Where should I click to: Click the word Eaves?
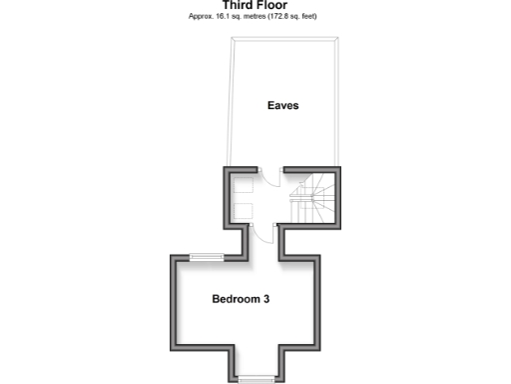click(282, 105)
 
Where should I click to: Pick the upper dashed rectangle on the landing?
click(243, 187)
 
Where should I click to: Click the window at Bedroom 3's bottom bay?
click(256, 378)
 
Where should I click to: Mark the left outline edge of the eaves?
click(229, 100)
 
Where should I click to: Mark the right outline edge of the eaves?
click(336, 100)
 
